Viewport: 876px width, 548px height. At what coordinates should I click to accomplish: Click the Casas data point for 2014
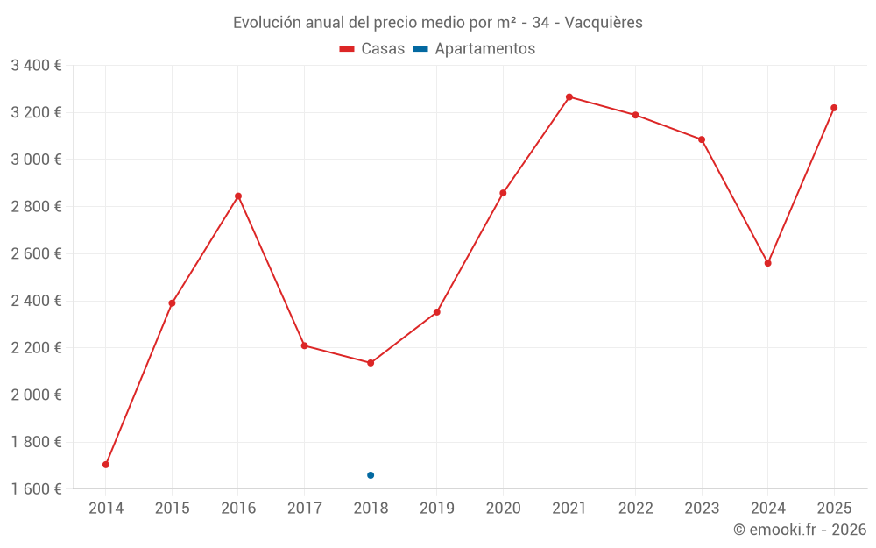coord(106,465)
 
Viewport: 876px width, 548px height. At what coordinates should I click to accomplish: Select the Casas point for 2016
coord(238,196)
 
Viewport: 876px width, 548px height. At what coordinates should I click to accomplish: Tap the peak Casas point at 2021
coord(569,97)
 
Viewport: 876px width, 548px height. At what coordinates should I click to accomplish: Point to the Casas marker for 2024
coord(768,263)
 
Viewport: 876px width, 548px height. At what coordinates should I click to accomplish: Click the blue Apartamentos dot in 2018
coord(371,475)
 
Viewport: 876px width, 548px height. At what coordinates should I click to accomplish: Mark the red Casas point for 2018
coord(371,363)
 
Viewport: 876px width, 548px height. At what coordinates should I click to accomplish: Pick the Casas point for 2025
coord(834,108)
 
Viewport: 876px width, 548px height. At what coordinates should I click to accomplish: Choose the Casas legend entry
coord(372,49)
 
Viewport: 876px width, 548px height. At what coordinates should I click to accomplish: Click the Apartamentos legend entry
coord(474,49)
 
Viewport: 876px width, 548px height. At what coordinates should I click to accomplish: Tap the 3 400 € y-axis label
coord(36,66)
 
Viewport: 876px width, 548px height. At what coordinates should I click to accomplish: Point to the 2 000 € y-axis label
coord(36,395)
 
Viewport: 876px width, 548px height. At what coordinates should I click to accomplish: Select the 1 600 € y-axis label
coord(36,489)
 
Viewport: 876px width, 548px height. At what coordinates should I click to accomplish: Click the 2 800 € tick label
coord(36,207)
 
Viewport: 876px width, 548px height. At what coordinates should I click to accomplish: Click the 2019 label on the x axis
coord(437,509)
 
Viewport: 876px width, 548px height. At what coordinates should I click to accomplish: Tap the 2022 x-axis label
coord(636,509)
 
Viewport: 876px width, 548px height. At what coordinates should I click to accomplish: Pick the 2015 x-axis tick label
coord(172,509)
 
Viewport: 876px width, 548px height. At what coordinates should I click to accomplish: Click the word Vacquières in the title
coord(604,23)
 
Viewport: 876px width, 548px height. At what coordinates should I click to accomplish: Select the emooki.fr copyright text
coord(800,530)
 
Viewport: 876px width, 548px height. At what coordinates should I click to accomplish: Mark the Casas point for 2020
coord(503,193)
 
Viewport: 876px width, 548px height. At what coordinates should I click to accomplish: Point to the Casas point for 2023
coord(702,139)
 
